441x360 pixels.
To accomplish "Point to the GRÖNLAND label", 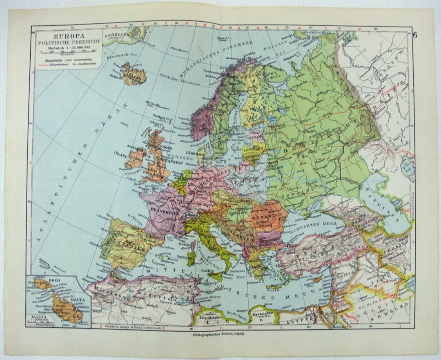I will (116, 35).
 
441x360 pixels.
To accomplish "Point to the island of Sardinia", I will (191, 258).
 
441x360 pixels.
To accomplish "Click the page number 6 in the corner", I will (415, 34).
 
